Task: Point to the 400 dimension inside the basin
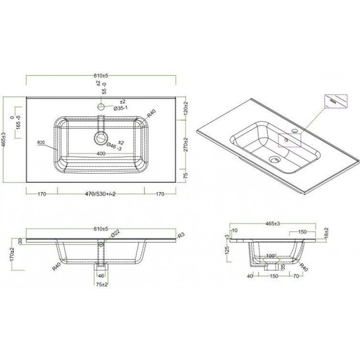click(x=100, y=154)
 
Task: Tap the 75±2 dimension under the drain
click(x=100, y=284)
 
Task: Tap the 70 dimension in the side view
click(x=296, y=276)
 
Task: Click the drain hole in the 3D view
click(x=275, y=159)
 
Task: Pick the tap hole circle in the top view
click(x=100, y=107)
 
